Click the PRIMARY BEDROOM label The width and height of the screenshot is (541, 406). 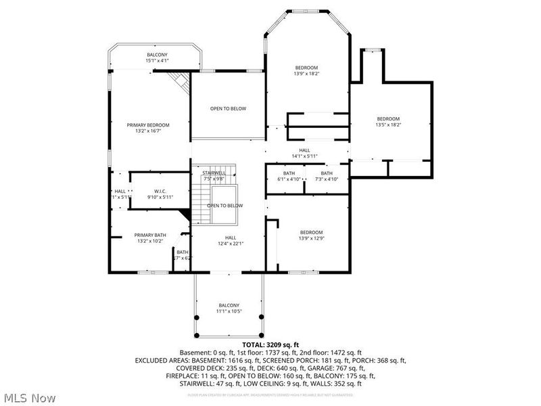tap(148, 125)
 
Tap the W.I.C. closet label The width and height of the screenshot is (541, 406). tap(160, 191)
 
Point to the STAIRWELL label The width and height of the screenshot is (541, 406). tap(214, 173)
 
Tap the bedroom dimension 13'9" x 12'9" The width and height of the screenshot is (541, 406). tap(311, 238)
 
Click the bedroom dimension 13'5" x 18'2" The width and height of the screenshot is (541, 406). tap(388, 125)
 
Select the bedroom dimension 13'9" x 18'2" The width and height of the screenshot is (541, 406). tap(306, 73)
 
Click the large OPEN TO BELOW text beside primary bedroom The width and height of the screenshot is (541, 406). tap(228, 108)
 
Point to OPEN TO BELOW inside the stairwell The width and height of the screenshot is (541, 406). tap(225, 206)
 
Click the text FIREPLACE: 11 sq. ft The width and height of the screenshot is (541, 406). tap(197, 376)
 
